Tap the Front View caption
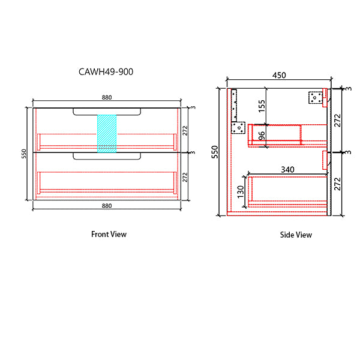coord(109,234)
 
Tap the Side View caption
coord(296,235)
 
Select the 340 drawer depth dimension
coord(287,170)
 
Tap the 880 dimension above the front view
coord(107,98)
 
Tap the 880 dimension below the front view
coord(107,206)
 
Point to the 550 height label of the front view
coord(25,154)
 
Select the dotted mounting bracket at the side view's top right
coord(316,97)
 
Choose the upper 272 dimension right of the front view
coord(185,130)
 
